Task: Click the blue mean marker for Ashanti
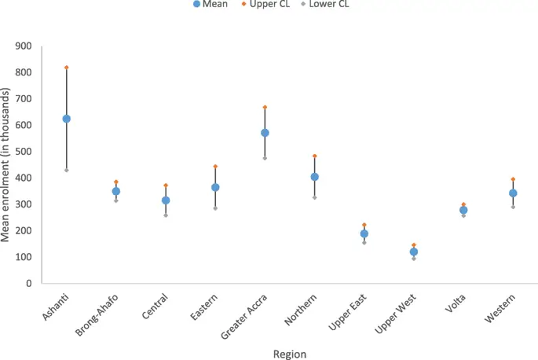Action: tap(67, 119)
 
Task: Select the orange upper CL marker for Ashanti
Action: tap(67, 68)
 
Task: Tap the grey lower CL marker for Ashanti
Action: tap(67, 170)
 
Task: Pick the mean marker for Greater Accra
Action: tap(265, 133)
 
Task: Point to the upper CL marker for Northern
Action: tap(315, 156)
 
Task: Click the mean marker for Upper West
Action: tap(414, 252)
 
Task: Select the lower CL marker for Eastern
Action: tap(215, 208)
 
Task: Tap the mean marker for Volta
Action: tap(463, 210)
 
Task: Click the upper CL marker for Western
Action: tap(513, 179)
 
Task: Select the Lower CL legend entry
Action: tap(327, 5)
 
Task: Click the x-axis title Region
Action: tap(290, 354)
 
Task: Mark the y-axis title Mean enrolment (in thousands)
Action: tap(7, 165)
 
